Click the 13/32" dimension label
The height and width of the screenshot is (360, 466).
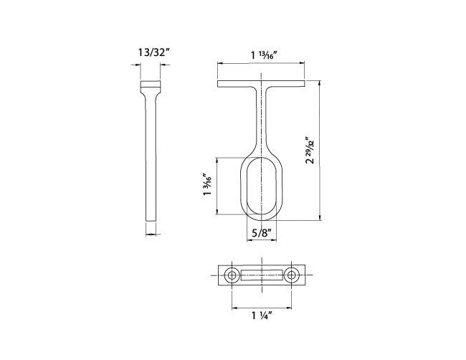(x=153, y=52)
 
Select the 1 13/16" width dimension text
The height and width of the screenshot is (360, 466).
(x=264, y=55)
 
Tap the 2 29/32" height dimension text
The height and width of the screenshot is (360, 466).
(x=310, y=151)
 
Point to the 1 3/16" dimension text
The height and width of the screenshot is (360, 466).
(x=207, y=184)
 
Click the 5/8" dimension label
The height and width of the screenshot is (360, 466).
(x=262, y=233)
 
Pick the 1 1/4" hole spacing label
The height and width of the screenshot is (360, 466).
(x=262, y=316)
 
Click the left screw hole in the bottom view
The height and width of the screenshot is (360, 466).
(x=232, y=275)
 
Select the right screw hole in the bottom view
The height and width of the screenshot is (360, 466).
(x=291, y=275)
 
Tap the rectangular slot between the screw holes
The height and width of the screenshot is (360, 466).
(x=261, y=275)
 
